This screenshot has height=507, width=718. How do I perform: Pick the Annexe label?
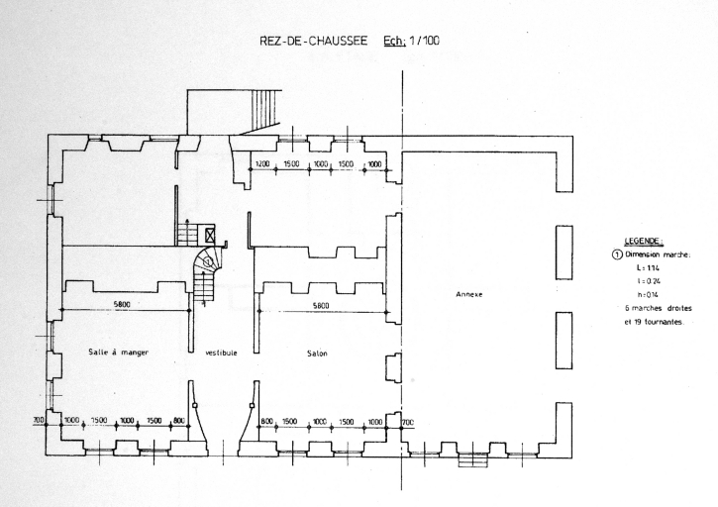click(x=468, y=294)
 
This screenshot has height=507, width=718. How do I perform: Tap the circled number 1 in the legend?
click(x=617, y=253)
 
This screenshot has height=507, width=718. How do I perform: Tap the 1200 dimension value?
click(x=262, y=163)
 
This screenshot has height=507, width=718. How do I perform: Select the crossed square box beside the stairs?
click(x=210, y=235)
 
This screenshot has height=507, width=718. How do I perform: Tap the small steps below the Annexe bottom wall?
click(x=475, y=460)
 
